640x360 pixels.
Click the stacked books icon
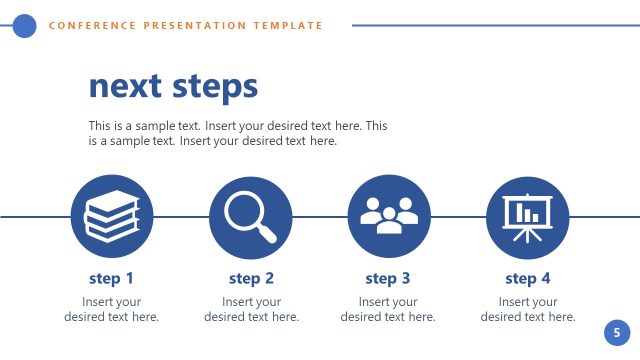pos(112,216)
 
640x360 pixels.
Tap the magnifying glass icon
pos(250,216)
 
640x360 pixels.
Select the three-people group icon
pos(389,216)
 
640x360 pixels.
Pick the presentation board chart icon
pos(527,216)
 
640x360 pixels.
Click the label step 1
pos(112,279)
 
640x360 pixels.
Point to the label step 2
pos(251,279)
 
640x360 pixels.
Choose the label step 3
pos(388,279)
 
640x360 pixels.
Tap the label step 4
pos(528,279)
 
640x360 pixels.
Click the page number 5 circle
pos(617,333)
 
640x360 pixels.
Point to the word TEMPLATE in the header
pos(289,26)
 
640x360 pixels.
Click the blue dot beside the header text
pos(24,26)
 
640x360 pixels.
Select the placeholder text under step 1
pos(112,309)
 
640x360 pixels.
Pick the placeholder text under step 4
pos(528,309)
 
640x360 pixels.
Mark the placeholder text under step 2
pos(251,309)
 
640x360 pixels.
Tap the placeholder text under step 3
pos(388,309)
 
